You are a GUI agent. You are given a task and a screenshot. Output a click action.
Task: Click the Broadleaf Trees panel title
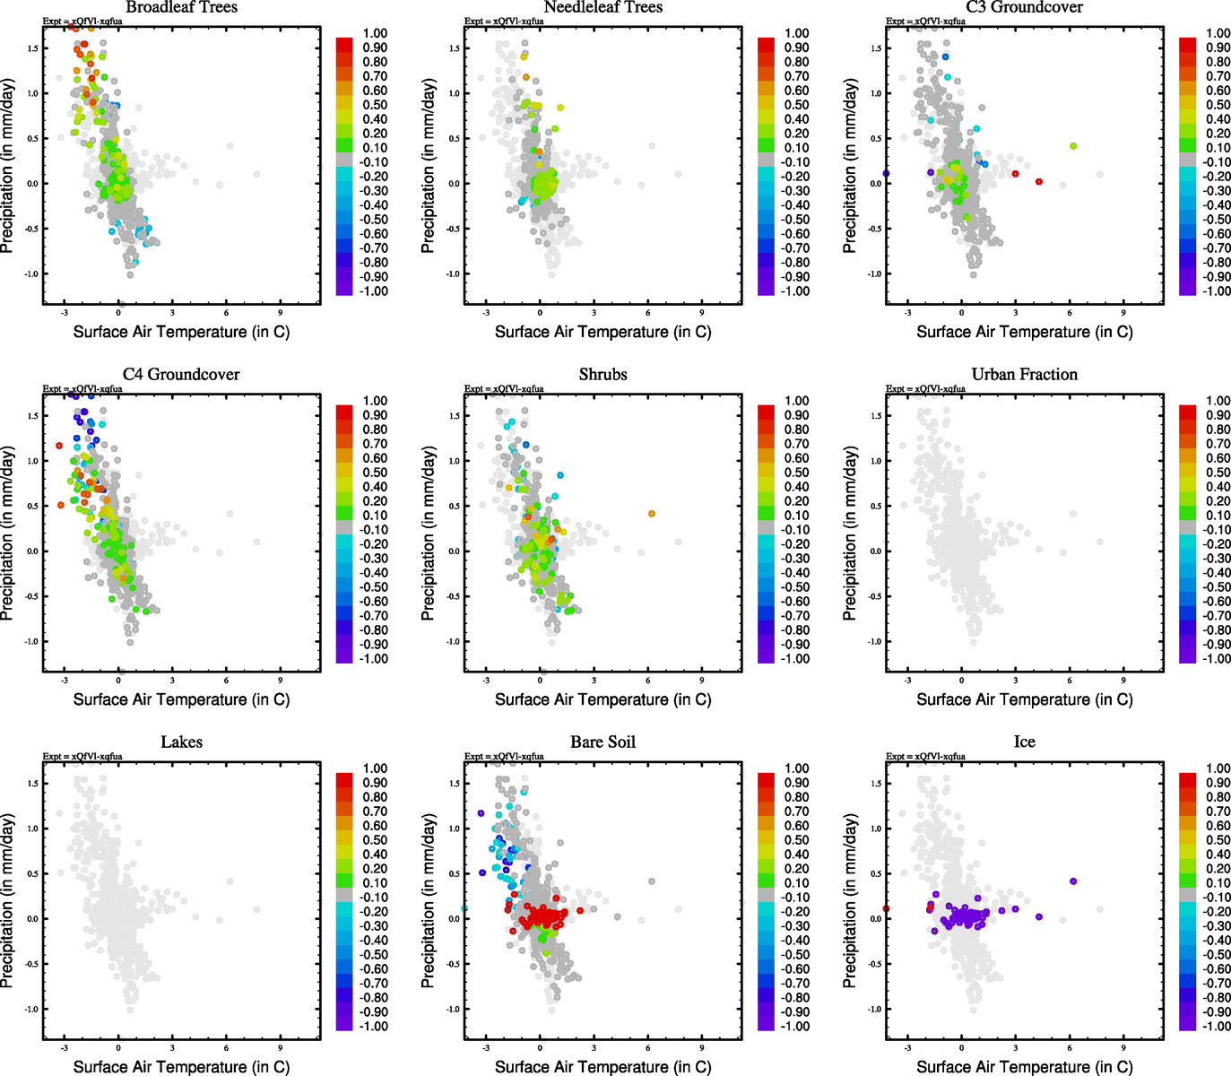[181, 7]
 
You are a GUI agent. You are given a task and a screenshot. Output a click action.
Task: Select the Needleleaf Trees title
[602, 7]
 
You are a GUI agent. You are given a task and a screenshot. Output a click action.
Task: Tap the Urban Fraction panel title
[1024, 375]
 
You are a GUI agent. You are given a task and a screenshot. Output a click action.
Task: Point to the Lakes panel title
[181, 742]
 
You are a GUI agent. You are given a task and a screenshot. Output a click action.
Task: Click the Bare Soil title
[602, 742]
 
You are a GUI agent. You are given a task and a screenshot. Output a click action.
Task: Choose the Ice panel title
[1024, 742]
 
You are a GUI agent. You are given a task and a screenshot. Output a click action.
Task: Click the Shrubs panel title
[602, 375]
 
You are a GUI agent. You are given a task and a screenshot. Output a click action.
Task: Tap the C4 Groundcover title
[181, 375]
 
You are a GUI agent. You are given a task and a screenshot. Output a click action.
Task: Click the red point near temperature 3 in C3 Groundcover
[1015, 174]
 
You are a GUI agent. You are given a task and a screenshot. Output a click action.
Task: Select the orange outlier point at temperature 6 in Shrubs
[652, 514]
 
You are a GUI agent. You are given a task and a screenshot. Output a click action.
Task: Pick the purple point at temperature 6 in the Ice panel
[1073, 881]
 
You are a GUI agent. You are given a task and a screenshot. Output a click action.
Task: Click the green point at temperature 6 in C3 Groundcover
[1073, 146]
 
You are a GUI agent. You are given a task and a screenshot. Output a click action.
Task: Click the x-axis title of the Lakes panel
[181, 1066]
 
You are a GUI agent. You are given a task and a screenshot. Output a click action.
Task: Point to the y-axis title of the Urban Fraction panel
[850, 534]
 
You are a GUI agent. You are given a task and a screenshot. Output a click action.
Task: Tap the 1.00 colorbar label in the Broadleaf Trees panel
[375, 33]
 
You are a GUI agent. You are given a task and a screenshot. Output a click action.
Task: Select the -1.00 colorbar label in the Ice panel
[1217, 1027]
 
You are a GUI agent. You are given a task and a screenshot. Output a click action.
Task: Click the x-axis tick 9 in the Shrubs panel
[702, 681]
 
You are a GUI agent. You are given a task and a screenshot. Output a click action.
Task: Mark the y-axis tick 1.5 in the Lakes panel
[32, 784]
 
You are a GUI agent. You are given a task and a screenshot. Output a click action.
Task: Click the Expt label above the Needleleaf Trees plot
[504, 21]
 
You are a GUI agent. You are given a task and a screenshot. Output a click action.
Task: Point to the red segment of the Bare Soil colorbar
[766, 780]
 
